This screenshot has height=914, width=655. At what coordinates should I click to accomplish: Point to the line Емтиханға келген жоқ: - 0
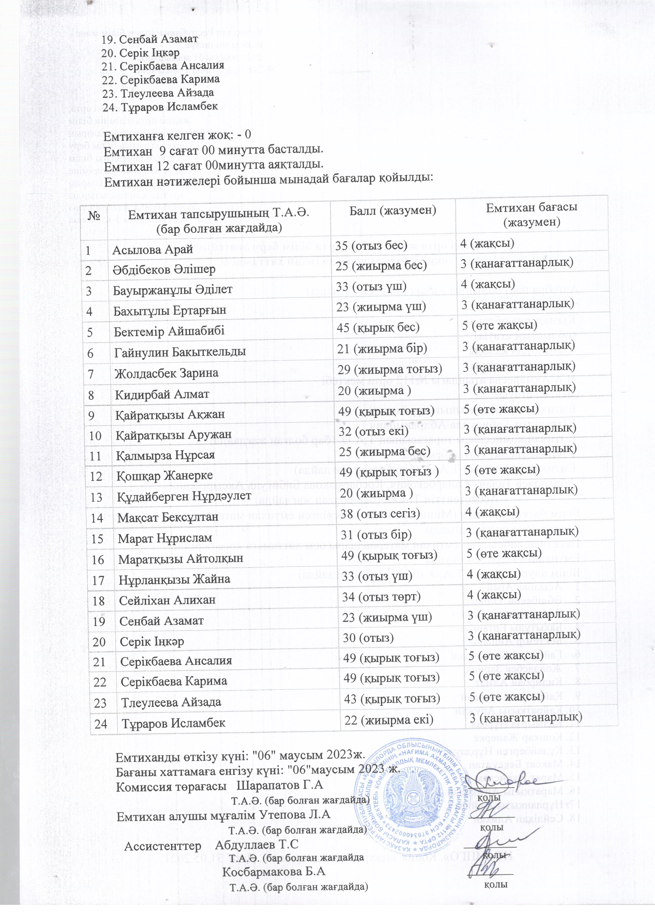(177, 134)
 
